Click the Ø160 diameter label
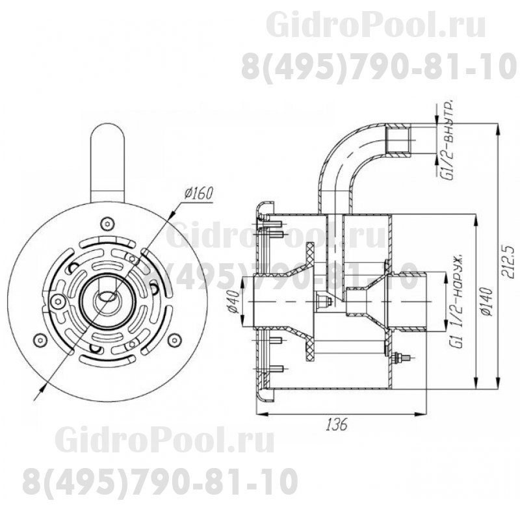click(199, 194)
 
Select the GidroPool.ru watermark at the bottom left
click(165, 442)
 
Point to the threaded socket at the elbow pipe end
click(399, 141)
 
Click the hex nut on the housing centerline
click(320, 300)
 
